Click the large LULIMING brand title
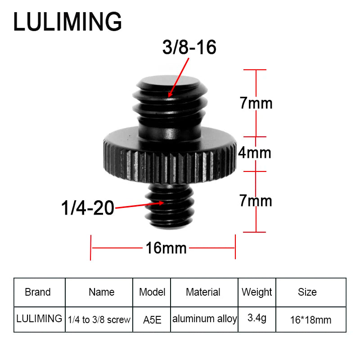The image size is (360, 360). [x=67, y=22]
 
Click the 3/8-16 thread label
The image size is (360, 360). [x=189, y=47]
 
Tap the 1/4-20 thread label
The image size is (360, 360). [x=88, y=208]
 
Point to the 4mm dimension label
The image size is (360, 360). [x=255, y=153]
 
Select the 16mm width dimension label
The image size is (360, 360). [x=166, y=247]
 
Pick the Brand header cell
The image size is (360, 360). [x=38, y=292]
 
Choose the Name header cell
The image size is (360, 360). [x=101, y=292]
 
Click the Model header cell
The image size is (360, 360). [x=152, y=292]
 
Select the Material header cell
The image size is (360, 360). [x=203, y=292]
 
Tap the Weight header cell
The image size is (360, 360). [x=256, y=292]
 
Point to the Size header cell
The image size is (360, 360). [x=307, y=292]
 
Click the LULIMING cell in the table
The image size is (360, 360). [x=39, y=319]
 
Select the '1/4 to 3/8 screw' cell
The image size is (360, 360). [x=99, y=320]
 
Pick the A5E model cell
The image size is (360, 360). [x=152, y=320]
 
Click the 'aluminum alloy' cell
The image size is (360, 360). [x=204, y=319]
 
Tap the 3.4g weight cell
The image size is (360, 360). [x=257, y=319]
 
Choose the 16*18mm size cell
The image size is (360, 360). [x=310, y=320]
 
